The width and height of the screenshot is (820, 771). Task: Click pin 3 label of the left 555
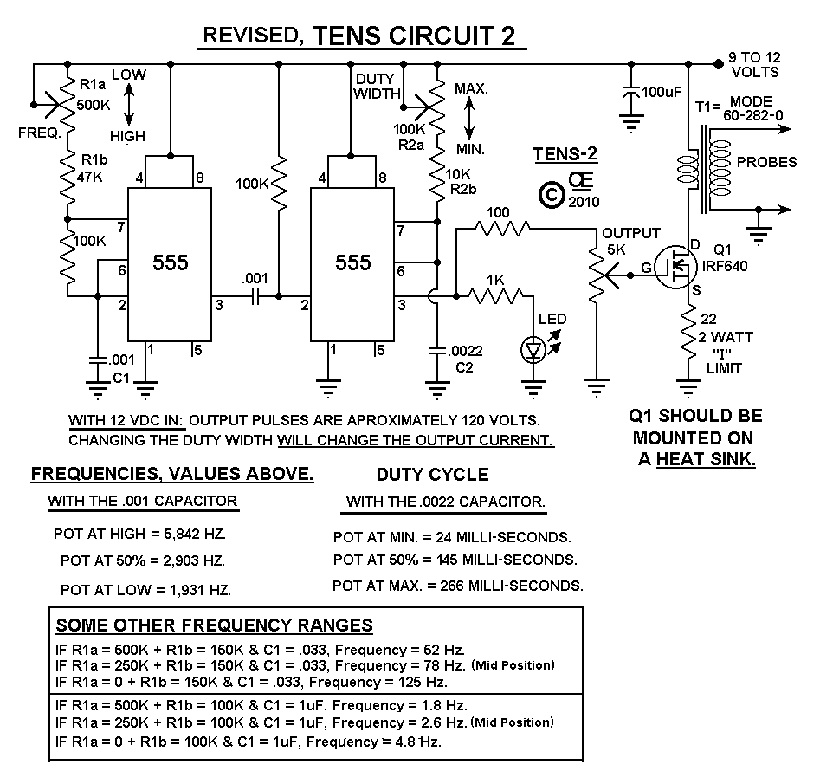tap(219, 304)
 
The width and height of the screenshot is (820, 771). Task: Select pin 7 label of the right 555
tap(399, 230)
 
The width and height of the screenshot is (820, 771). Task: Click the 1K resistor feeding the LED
tap(495, 296)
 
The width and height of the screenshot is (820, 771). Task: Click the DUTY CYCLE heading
tap(433, 475)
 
